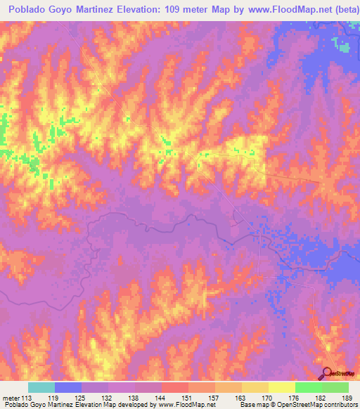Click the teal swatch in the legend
41,387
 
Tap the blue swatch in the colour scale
68,387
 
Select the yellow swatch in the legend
281,387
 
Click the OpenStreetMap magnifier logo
328,373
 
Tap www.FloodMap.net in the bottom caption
186,405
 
